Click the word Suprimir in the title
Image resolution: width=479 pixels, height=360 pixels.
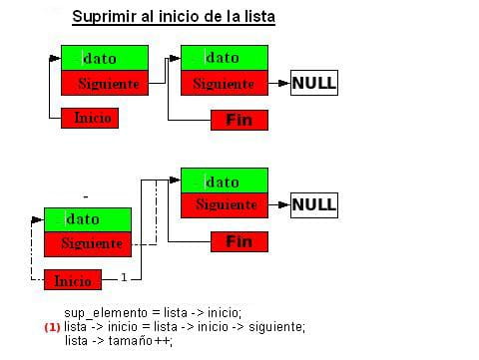[x=105, y=18]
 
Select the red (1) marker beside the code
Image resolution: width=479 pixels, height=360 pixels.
[x=52, y=326]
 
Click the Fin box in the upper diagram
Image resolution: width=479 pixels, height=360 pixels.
[x=239, y=121]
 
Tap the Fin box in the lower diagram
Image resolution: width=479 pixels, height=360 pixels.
[x=239, y=241]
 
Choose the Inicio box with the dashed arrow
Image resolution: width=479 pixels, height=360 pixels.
[x=72, y=280]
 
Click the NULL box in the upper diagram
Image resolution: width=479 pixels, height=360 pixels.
[x=313, y=83]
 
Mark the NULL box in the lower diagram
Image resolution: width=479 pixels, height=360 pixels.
[x=313, y=206]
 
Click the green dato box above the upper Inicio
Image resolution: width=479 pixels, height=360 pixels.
[x=104, y=58]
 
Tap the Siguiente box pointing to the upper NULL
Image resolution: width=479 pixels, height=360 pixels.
[x=225, y=83]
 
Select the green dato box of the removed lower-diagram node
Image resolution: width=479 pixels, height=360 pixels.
[x=87, y=218]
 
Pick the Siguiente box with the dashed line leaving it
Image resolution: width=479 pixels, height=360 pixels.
[x=87, y=243]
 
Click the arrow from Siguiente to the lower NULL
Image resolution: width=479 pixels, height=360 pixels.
[x=278, y=206]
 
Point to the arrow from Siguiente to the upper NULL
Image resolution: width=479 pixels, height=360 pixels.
[x=278, y=83]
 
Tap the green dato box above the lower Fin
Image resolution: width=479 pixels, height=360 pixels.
[x=225, y=180]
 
